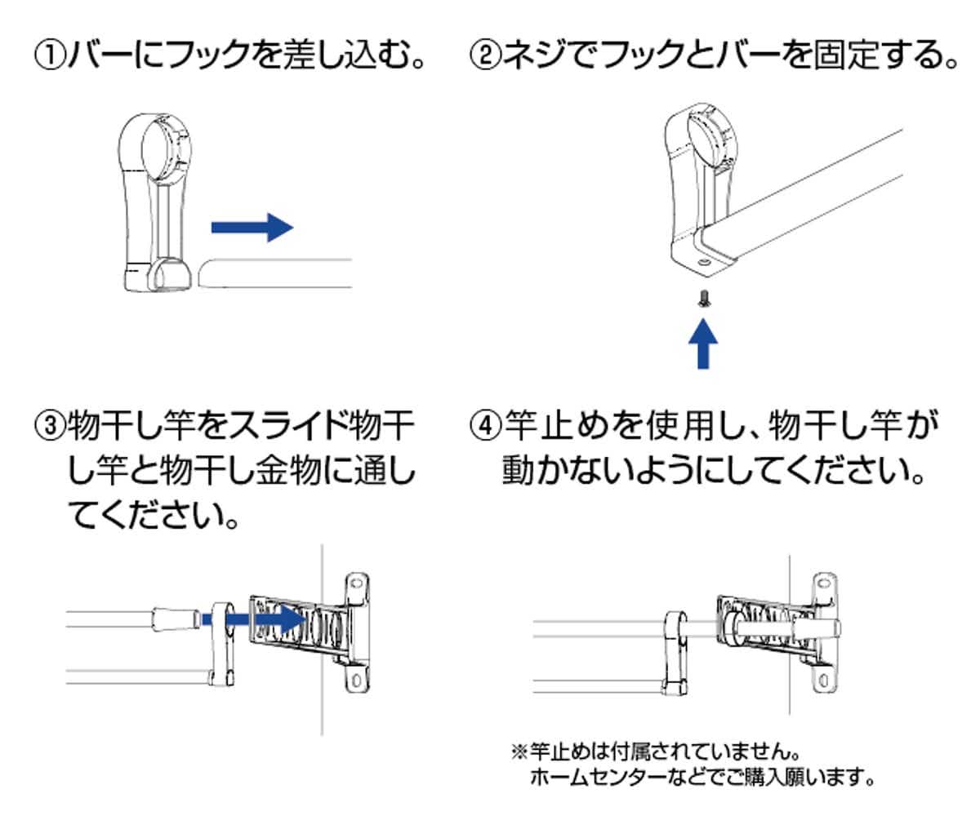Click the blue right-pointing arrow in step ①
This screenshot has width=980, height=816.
252,228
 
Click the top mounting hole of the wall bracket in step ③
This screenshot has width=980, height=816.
356,584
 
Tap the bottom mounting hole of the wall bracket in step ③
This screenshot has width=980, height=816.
358,678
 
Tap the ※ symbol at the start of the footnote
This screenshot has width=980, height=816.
518,748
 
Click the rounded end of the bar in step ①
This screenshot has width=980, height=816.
204,273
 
